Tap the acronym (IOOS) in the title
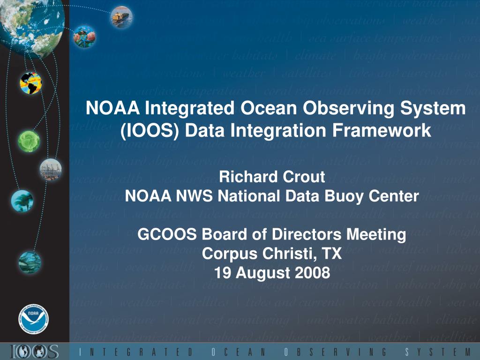pos(149,130)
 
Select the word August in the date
pos(261,272)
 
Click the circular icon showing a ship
pos(120,16)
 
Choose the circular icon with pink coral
pos(84,36)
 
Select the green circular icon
pos(29,140)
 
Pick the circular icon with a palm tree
pos(22,201)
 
